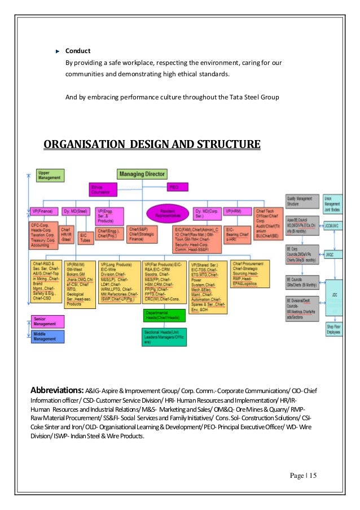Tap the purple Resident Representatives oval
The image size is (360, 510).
pos(166,213)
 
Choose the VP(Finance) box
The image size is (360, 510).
pos(43,211)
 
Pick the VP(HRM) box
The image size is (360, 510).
pos(236,211)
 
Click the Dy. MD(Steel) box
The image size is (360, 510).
pos(76,211)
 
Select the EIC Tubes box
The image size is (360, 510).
pos(85,237)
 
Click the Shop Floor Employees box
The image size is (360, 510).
pos(333,330)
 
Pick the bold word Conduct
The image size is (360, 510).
pos(78,51)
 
